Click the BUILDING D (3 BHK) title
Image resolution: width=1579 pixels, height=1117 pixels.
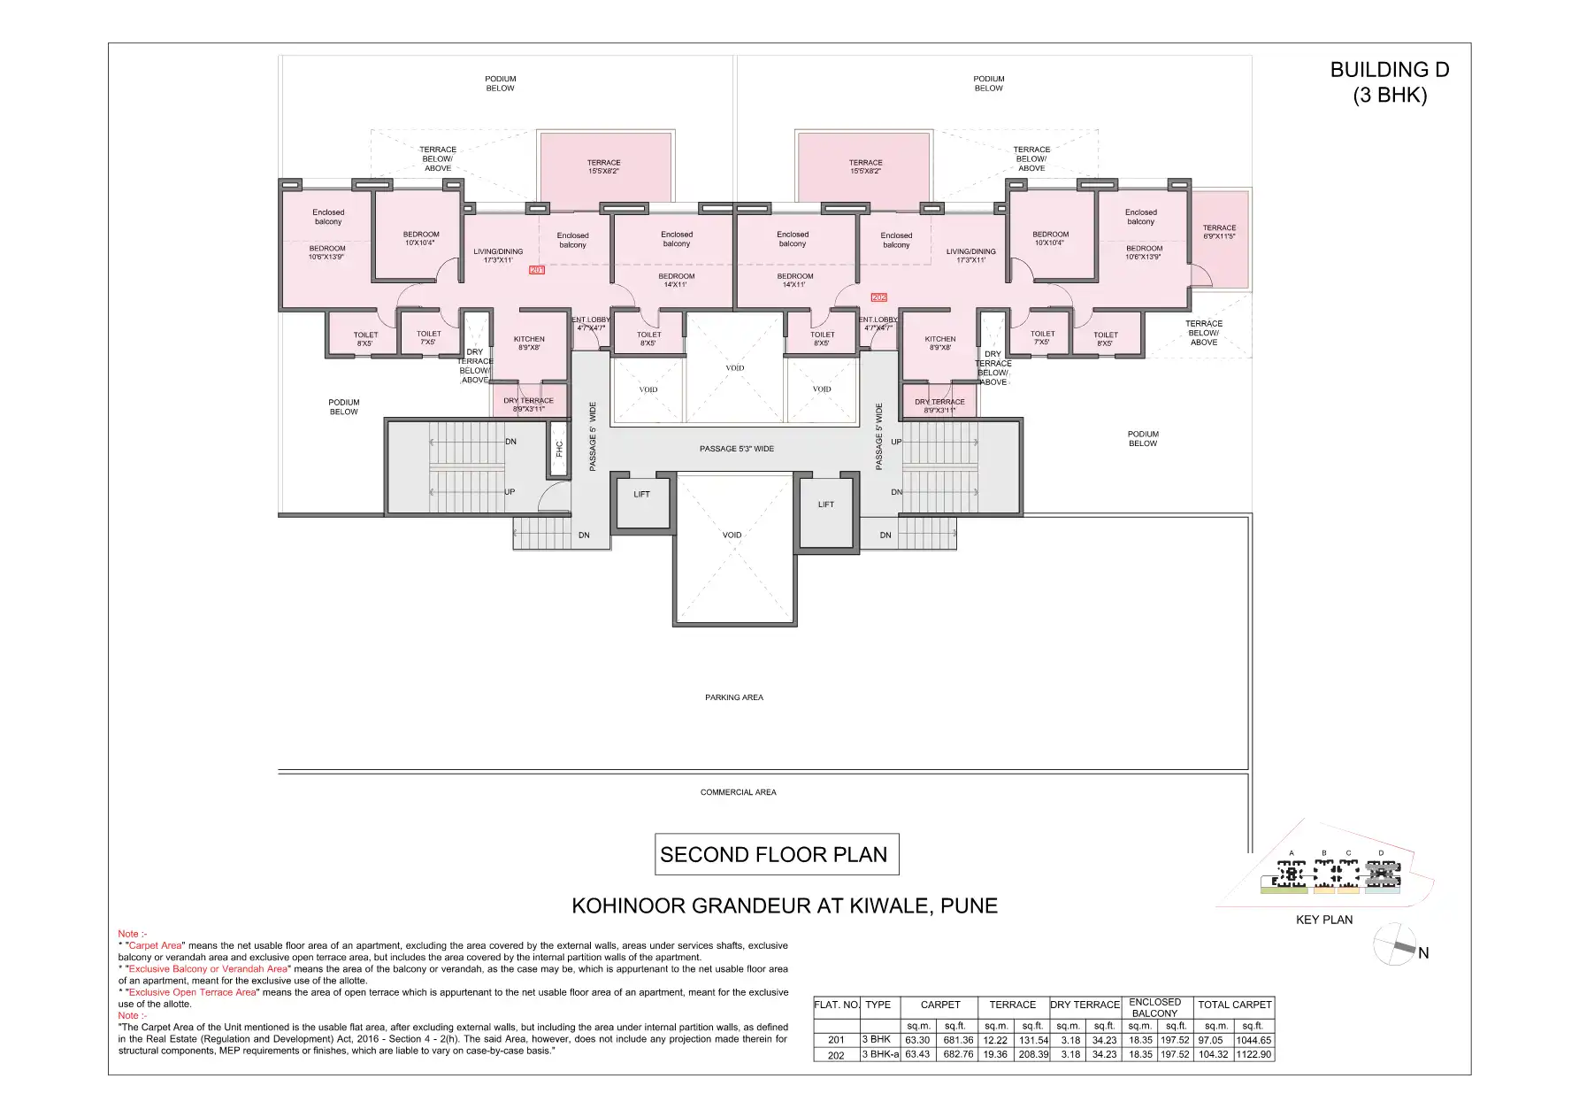(x=1389, y=82)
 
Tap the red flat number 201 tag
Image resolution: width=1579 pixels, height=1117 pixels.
(x=536, y=269)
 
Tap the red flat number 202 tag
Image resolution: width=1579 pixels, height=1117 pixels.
(x=878, y=297)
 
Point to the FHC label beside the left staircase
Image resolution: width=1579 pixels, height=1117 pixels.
(x=559, y=449)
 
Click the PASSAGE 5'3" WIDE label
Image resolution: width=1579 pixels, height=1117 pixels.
(x=736, y=449)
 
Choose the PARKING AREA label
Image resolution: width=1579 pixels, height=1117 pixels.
(x=733, y=697)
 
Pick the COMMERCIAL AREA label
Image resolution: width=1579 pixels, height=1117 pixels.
(x=738, y=792)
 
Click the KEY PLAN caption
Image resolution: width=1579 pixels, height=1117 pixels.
(x=1323, y=920)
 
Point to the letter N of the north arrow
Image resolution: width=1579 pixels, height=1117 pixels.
(x=1423, y=953)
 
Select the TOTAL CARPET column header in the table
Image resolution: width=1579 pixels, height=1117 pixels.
(x=1234, y=1005)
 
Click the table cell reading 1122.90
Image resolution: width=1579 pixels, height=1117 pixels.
(x=1253, y=1055)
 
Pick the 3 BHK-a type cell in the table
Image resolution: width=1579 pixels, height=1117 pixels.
(x=880, y=1055)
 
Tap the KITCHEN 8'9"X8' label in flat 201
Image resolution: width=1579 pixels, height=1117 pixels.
(x=529, y=343)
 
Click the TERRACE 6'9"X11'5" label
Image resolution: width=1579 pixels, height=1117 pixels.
(x=1219, y=232)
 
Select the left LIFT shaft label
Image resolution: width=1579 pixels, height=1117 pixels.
(x=641, y=495)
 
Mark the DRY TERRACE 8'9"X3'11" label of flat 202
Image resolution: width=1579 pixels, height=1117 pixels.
(x=939, y=406)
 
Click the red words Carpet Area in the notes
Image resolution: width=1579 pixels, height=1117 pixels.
(x=156, y=946)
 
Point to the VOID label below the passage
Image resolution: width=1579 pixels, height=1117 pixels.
(x=732, y=535)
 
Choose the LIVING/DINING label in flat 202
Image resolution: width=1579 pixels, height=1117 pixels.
(x=970, y=256)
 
